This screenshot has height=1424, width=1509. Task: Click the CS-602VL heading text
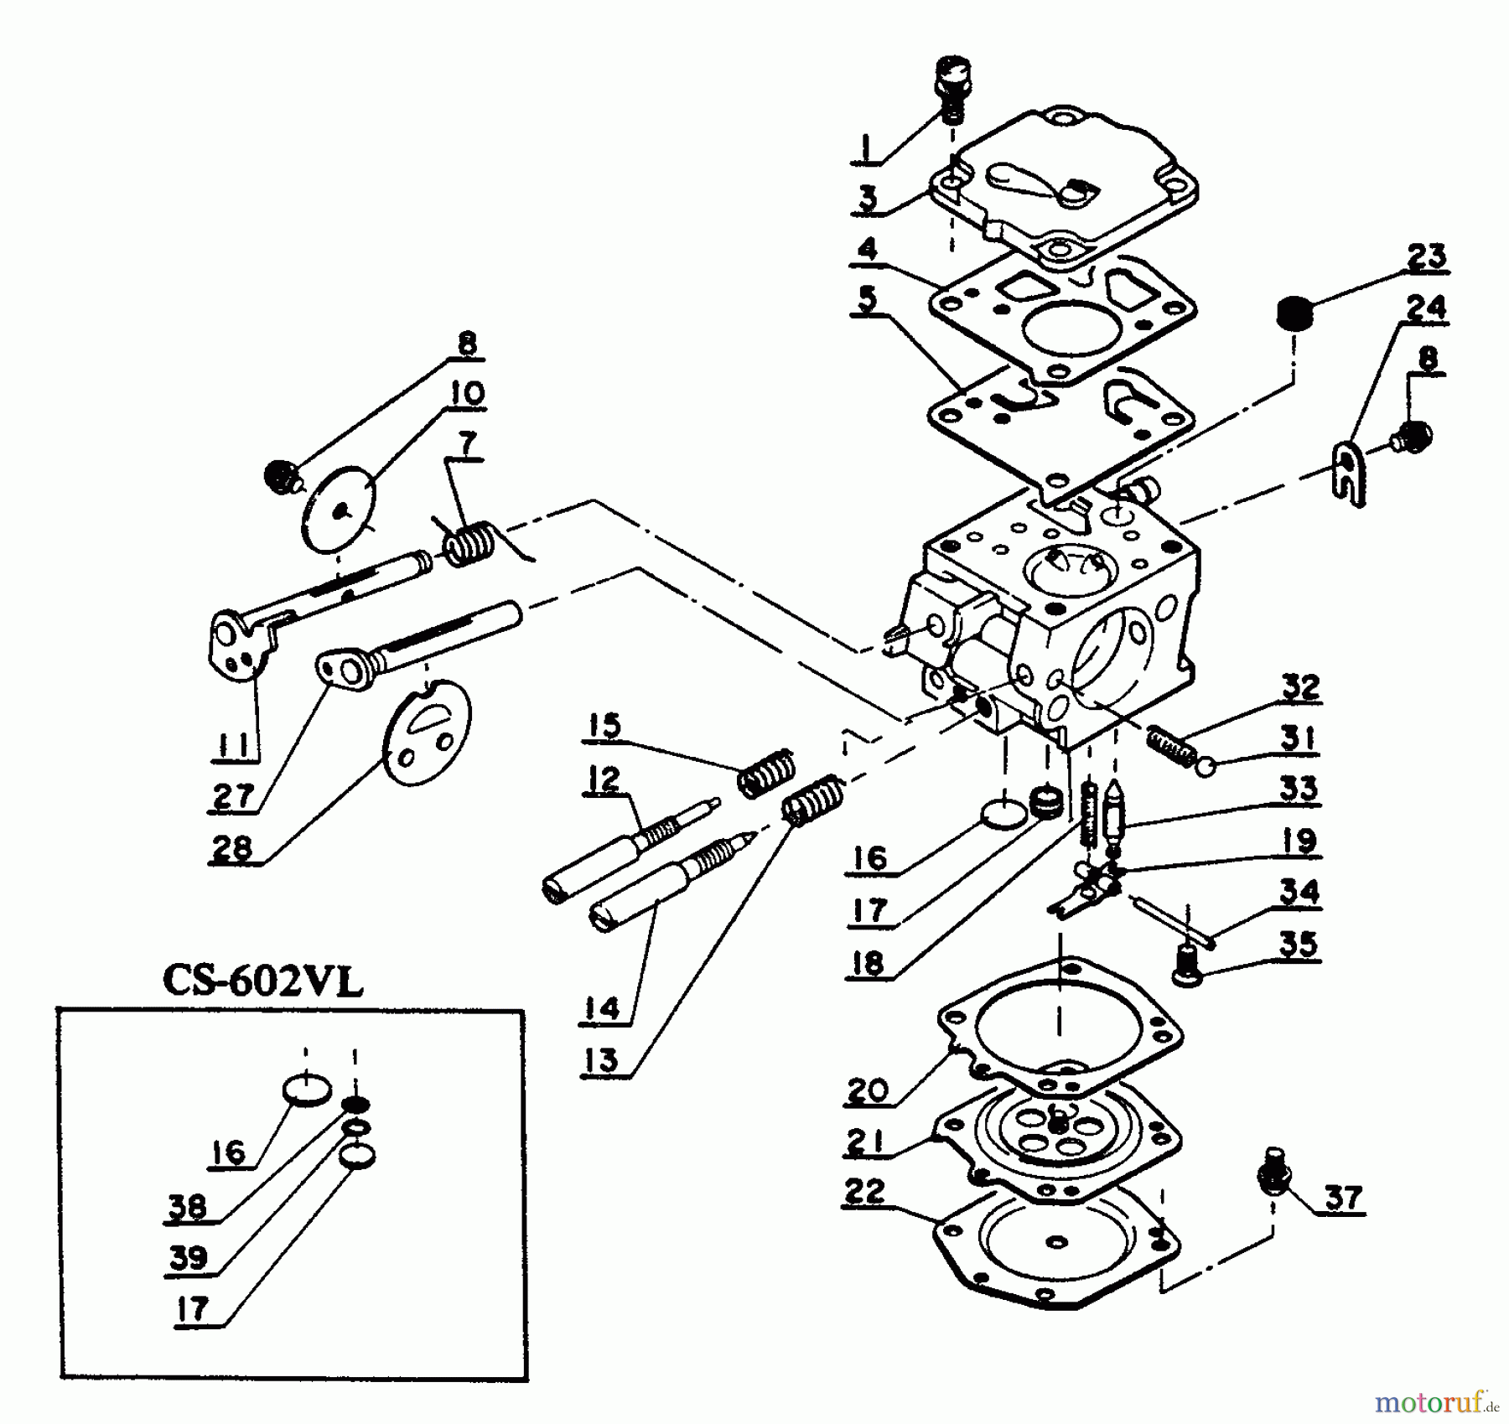point(263,981)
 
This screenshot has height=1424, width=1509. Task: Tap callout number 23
point(1426,257)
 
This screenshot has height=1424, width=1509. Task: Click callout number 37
point(1343,1198)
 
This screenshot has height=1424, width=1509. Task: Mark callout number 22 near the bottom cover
point(864,1193)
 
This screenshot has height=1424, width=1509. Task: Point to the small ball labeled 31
point(1206,766)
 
